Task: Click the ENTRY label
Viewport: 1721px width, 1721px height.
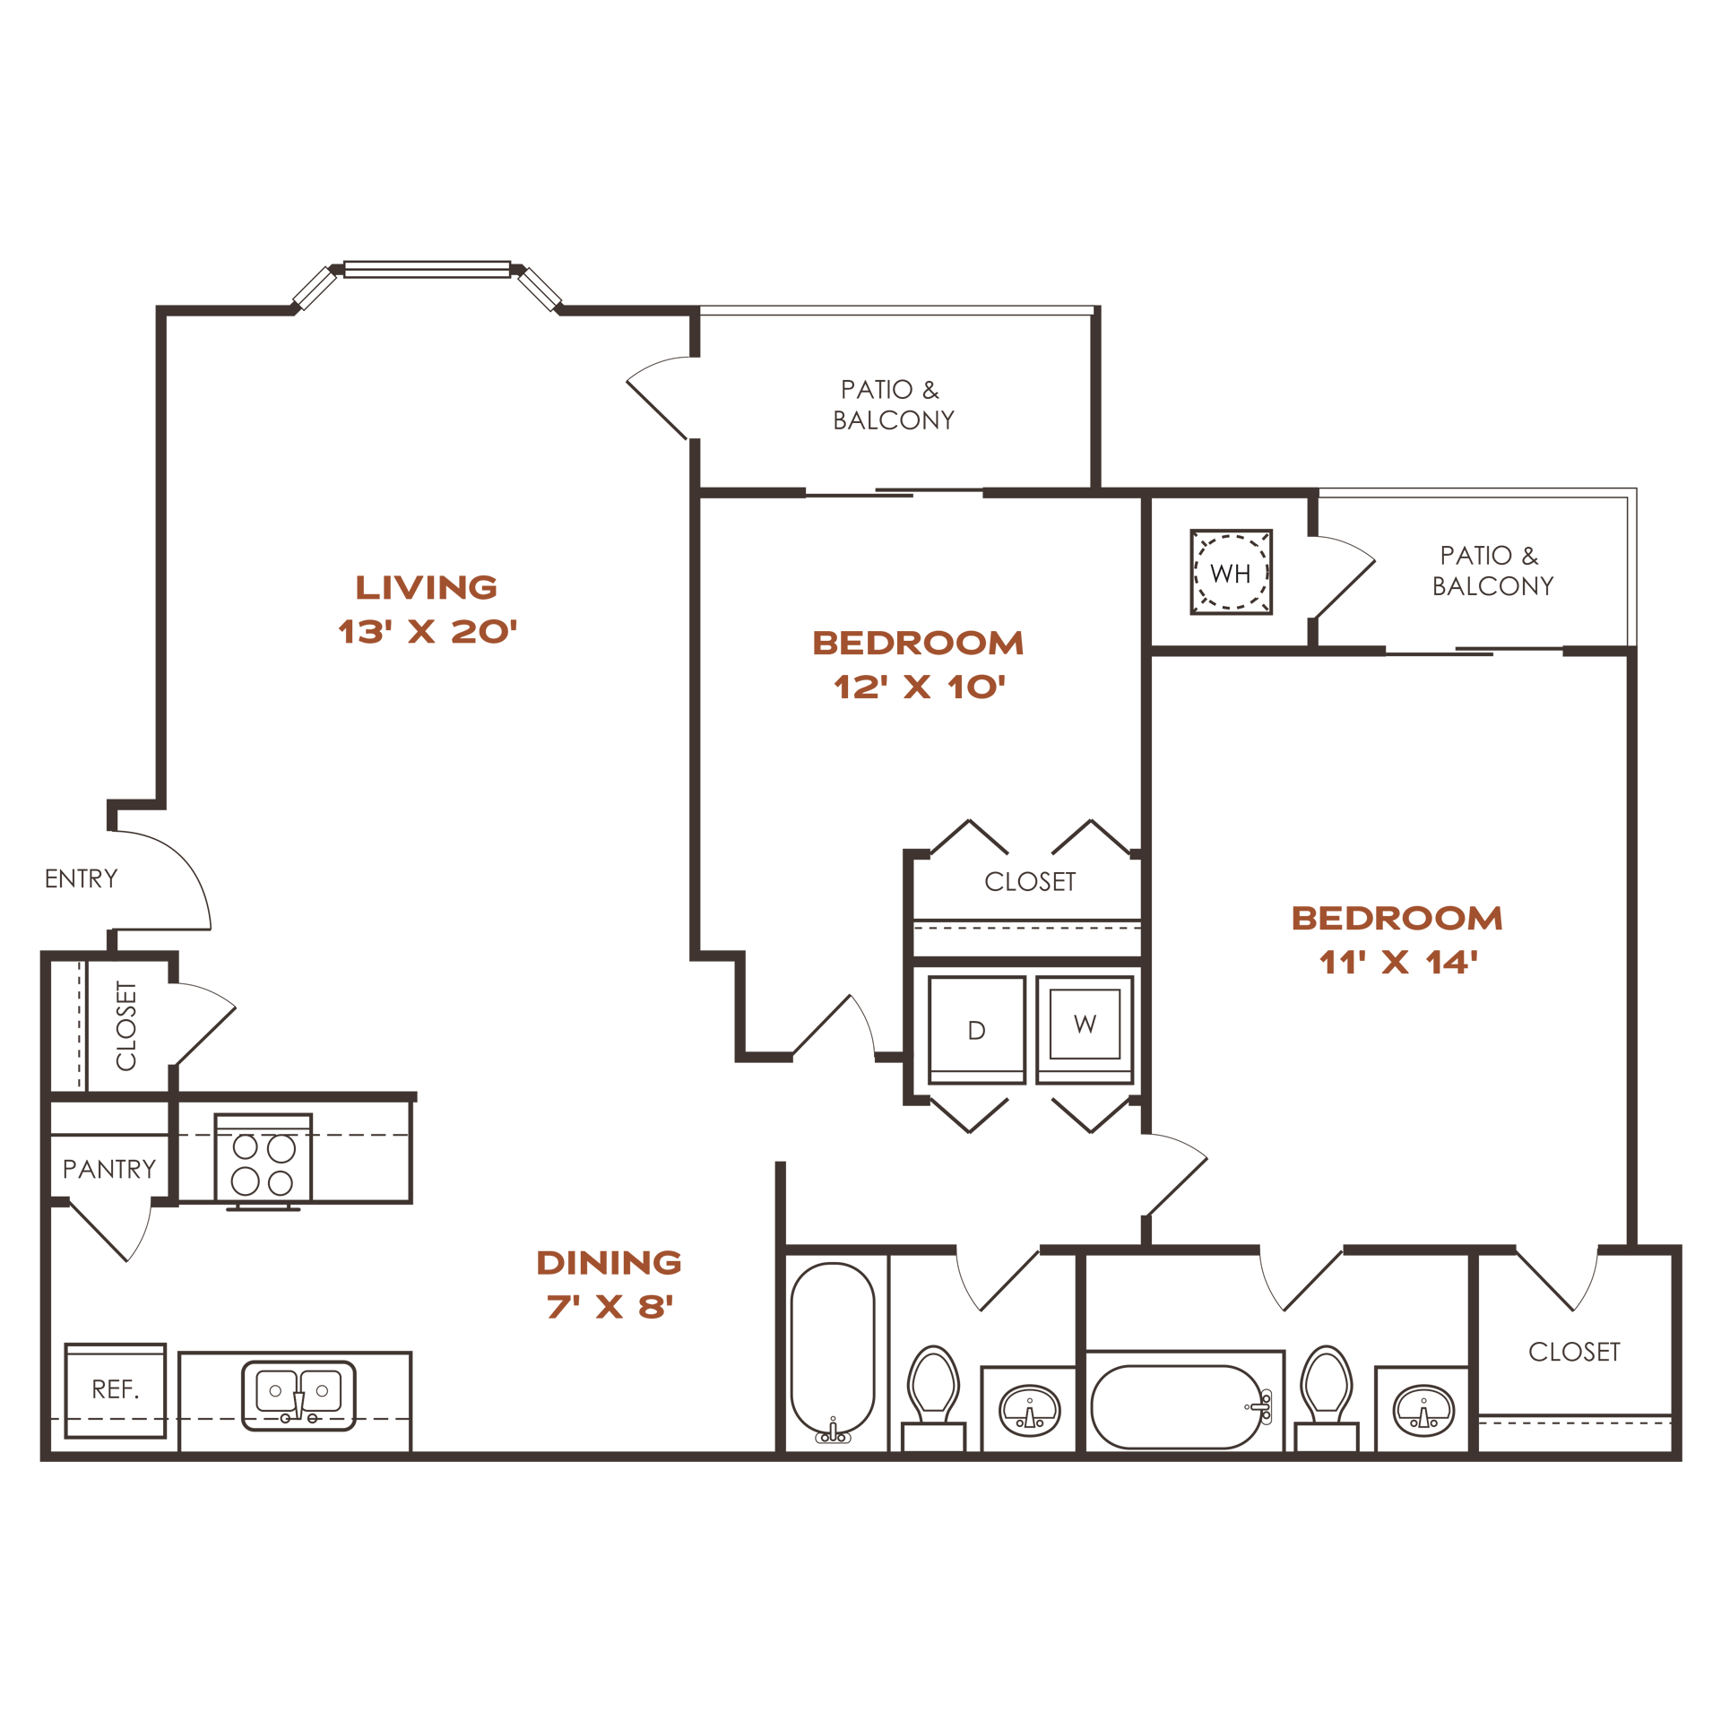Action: (82, 878)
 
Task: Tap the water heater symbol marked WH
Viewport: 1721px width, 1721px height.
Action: (1231, 572)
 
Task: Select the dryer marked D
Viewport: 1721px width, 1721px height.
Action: (976, 1030)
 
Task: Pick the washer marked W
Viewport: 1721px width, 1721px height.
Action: (1085, 1030)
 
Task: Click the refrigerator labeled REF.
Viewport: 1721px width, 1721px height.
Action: (116, 1390)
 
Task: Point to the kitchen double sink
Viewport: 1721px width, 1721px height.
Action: (298, 1396)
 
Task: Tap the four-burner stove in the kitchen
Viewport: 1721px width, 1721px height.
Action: (263, 1162)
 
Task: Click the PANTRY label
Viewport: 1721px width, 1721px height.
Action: (109, 1169)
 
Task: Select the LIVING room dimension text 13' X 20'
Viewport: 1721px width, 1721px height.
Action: (428, 632)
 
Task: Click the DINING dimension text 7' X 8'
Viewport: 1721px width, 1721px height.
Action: (610, 1307)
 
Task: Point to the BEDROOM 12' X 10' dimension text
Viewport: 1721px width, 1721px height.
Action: (920, 688)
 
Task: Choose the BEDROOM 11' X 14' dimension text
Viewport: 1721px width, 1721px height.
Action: (1398, 963)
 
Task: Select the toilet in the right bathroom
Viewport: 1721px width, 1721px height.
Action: (1327, 1397)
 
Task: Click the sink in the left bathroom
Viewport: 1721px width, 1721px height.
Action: (1030, 1410)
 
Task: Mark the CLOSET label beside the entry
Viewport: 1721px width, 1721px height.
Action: (126, 1025)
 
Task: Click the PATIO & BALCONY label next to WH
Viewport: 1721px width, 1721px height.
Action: (1492, 571)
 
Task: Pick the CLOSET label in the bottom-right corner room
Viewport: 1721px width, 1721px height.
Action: (1574, 1352)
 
